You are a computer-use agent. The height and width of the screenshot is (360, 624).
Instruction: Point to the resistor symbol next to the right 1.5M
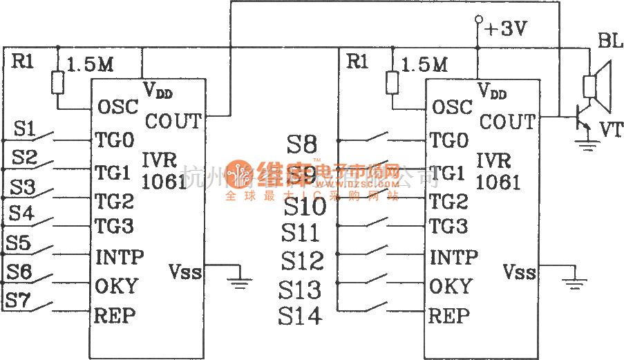click(393, 83)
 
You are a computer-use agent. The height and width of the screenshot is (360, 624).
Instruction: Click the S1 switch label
click(24, 129)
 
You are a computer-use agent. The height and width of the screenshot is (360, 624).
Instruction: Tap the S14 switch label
click(300, 316)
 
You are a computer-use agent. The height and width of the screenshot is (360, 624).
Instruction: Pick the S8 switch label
click(301, 144)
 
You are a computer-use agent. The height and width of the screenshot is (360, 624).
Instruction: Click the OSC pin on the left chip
click(117, 107)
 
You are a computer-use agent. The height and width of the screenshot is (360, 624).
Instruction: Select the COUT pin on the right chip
click(507, 122)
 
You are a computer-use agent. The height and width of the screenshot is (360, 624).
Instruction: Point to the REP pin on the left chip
click(115, 316)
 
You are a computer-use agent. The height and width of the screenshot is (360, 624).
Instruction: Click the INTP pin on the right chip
click(453, 258)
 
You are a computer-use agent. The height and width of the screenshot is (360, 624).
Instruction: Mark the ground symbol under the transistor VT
click(588, 144)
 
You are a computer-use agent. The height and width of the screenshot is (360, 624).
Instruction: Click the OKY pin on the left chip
click(116, 285)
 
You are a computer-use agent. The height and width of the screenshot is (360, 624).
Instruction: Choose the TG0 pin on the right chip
click(449, 141)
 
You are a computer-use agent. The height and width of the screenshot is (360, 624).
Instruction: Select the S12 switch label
click(302, 260)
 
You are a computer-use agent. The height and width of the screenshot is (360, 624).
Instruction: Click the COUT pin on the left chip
click(173, 122)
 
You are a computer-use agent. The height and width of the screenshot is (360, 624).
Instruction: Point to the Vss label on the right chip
click(519, 272)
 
